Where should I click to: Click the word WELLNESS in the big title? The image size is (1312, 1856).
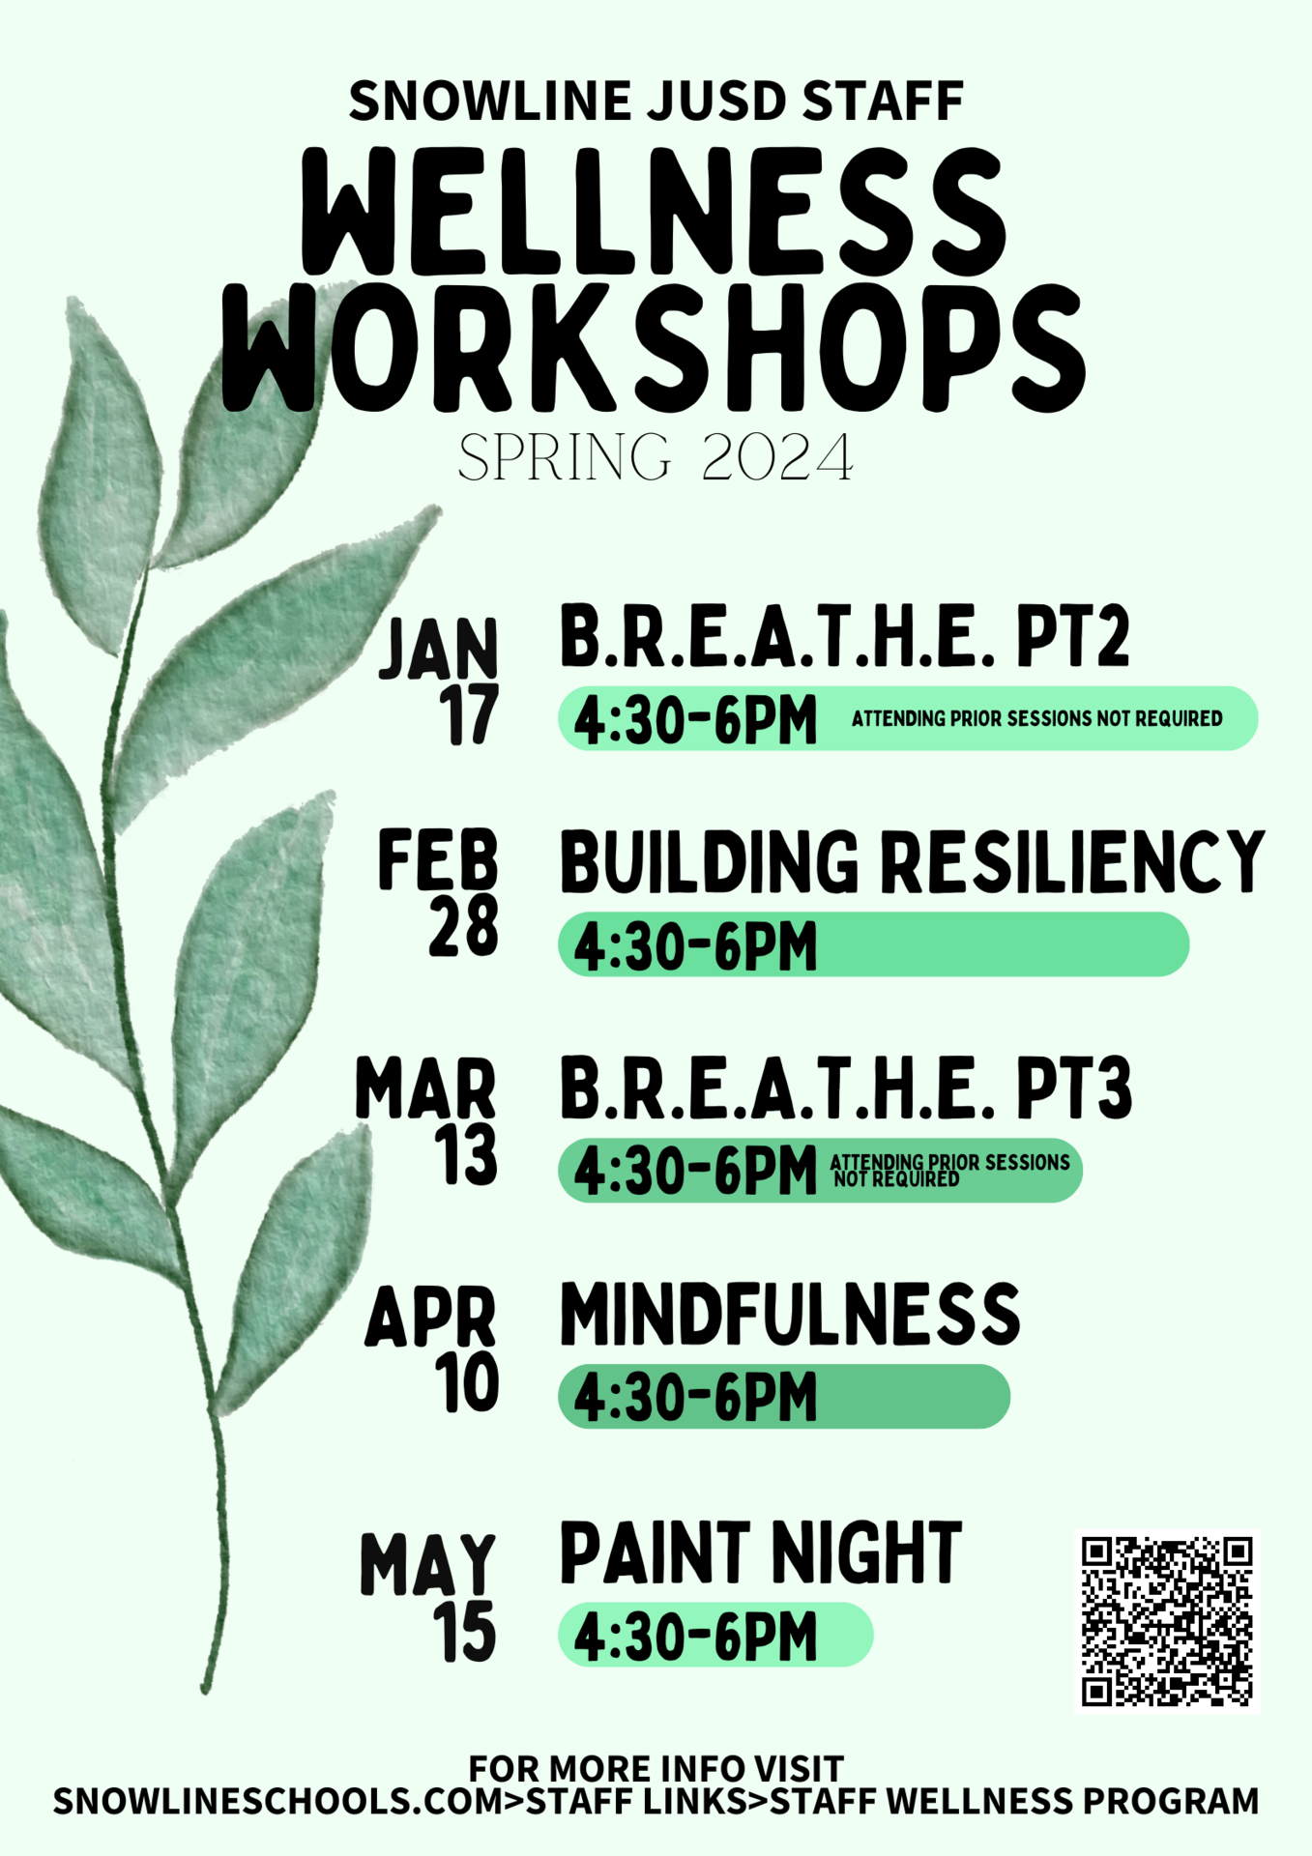pyautogui.click(x=654, y=212)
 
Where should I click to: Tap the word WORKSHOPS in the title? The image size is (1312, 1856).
pyautogui.click(x=654, y=349)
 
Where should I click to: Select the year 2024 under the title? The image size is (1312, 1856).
pyautogui.click(x=777, y=458)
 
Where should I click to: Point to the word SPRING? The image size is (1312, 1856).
pyautogui.click(x=565, y=458)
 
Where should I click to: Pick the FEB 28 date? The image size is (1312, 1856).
pyautogui.click(x=439, y=892)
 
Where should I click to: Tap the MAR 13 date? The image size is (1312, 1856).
pyautogui.click(x=427, y=1120)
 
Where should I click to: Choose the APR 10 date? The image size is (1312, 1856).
pyautogui.click(x=432, y=1348)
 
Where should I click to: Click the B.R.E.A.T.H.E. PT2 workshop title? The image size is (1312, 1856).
pyautogui.click(x=844, y=637)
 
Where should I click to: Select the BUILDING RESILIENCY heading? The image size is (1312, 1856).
pyautogui.click(x=912, y=861)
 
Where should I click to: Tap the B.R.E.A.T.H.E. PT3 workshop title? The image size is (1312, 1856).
pyautogui.click(x=845, y=1089)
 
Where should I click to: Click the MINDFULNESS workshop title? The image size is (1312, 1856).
pyautogui.click(x=790, y=1315)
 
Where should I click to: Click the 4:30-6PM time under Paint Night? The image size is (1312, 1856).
pyautogui.click(x=696, y=1636)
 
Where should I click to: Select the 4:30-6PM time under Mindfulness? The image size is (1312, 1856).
pyautogui.click(x=696, y=1398)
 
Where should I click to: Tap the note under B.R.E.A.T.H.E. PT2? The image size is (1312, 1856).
pyautogui.click(x=1036, y=719)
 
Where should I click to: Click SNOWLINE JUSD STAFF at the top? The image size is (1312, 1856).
pyautogui.click(x=656, y=101)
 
